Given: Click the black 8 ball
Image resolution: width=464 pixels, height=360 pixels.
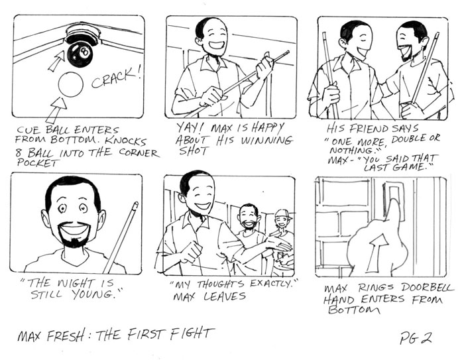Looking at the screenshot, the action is click(x=80, y=54).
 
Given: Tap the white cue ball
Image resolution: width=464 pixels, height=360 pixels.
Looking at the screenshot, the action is click(x=70, y=84).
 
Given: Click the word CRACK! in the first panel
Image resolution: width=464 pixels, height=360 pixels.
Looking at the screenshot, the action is click(x=116, y=78).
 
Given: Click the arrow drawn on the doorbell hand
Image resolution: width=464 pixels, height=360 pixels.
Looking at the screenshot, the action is click(x=376, y=252).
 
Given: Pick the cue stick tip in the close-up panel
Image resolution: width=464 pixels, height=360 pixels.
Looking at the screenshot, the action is click(x=135, y=205).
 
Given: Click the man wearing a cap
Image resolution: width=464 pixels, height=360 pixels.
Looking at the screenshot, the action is click(x=282, y=237).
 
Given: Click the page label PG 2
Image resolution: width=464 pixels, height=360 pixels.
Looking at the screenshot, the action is click(x=415, y=337).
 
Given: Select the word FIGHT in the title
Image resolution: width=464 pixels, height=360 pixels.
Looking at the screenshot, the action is click(x=191, y=334).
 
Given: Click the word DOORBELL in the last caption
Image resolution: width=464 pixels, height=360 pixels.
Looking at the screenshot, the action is click(x=427, y=288).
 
